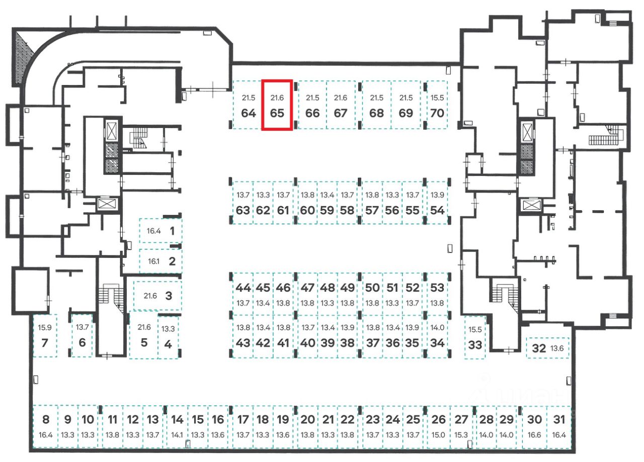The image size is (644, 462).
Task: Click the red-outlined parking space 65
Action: (x=277, y=105)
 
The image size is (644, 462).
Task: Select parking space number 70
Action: (x=437, y=106)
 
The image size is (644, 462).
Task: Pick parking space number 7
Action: (x=45, y=336)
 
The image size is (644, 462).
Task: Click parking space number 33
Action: (x=474, y=337)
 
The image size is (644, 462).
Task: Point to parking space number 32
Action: (x=547, y=348)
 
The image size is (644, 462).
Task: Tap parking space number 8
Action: (x=46, y=426)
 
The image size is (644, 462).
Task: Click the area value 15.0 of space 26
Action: (x=439, y=435)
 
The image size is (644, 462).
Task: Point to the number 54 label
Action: (x=437, y=210)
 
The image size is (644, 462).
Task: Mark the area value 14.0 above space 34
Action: (x=438, y=327)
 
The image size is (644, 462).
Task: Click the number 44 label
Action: (x=243, y=288)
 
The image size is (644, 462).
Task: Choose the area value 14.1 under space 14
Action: (x=177, y=435)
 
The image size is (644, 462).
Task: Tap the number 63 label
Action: (x=243, y=210)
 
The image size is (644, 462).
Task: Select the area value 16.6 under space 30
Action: (x=535, y=435)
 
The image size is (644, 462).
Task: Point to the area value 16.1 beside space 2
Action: (x=153, y=261)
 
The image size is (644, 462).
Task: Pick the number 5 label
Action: (x=144, y=343)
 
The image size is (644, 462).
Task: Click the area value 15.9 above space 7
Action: (x=44, y=327)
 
